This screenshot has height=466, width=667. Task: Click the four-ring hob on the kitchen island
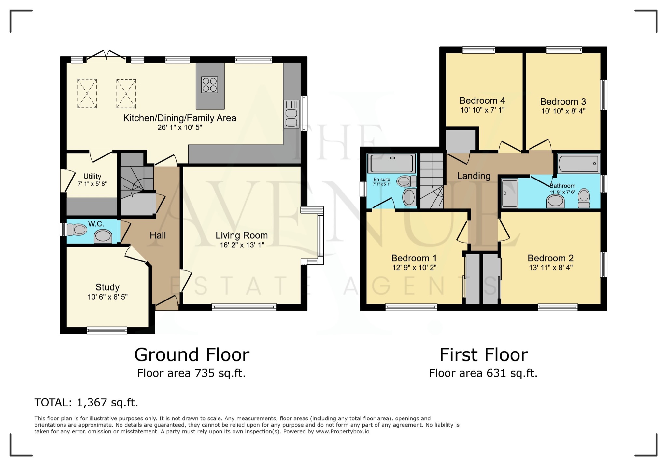point(209,85)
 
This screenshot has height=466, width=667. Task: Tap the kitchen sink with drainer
point(291,114)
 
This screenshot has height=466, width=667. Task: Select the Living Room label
point(241,235)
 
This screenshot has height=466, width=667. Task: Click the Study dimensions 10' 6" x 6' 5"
point(107,297)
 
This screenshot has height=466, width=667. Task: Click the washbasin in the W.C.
point(103,236)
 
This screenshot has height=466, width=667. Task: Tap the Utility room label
point(92,176)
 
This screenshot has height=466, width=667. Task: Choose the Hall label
point(158,235)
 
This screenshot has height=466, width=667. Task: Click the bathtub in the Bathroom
point(578,164)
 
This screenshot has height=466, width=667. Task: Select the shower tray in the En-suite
point(392,163)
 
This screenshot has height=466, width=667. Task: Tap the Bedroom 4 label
point(482,100)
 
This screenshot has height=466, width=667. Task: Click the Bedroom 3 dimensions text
point(563,111)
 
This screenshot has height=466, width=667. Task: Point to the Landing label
point(473,176)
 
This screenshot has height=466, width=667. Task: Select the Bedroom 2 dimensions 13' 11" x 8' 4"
point(550,268)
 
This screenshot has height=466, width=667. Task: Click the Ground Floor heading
point(192,354)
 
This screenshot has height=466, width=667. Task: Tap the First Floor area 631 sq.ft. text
point(483,373)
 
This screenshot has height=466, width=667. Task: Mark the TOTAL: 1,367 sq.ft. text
point(86,403)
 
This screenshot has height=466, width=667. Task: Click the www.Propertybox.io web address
point(342,432)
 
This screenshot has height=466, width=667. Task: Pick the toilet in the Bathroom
point(584,198)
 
